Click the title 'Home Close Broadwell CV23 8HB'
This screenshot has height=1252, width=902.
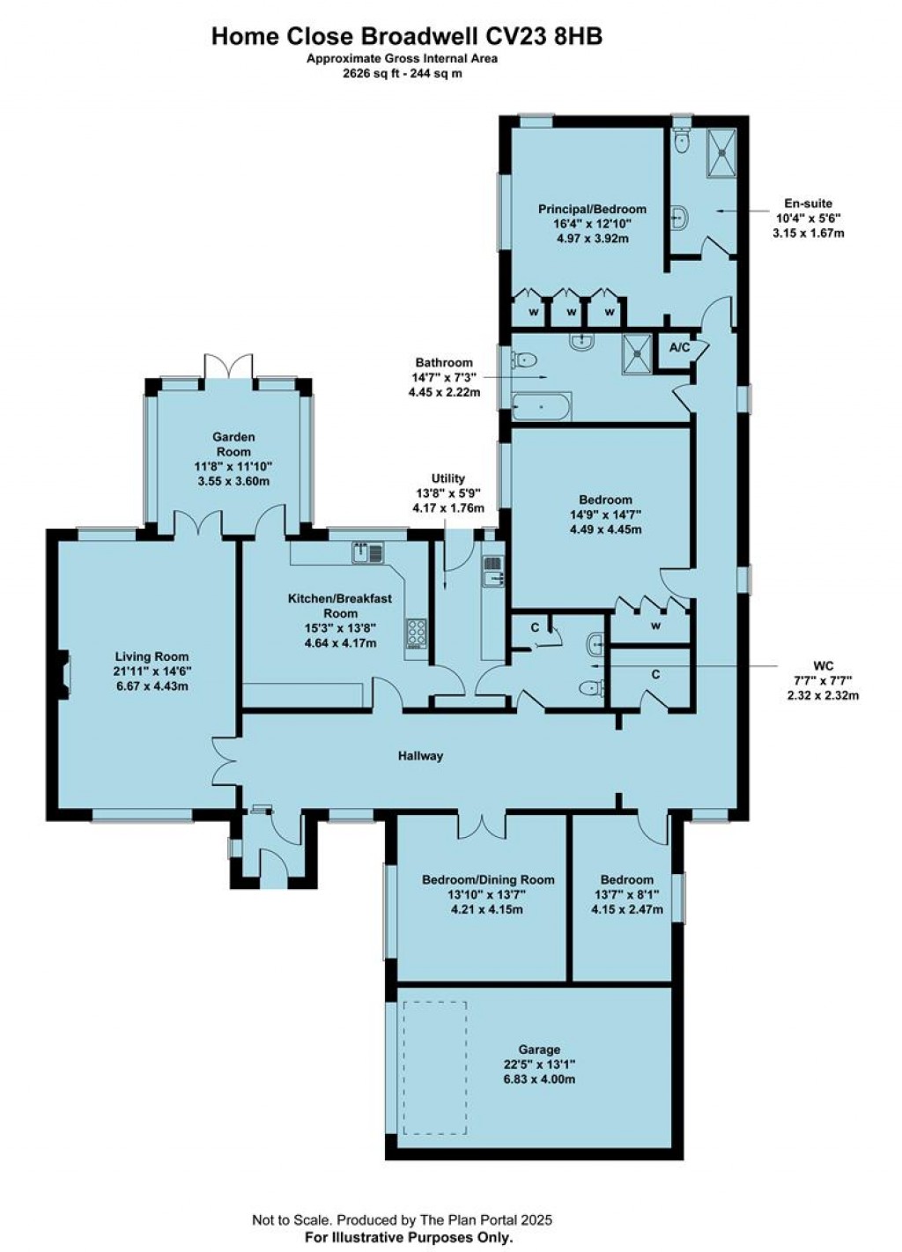(407, 36)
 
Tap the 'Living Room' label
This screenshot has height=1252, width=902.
(152, 656)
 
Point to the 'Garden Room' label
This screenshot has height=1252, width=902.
(233, 437)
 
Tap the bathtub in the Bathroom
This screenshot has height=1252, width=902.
(542, 408)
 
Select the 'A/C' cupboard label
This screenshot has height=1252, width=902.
(679, 348)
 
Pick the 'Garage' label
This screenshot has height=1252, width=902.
(539, 1049)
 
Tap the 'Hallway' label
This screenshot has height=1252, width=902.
(420, 756)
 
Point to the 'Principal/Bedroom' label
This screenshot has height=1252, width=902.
(592, 210)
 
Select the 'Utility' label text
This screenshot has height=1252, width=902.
(447, 478)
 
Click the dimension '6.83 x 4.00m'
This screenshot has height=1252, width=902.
(539, 1078)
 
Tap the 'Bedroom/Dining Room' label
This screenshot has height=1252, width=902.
(488, 879)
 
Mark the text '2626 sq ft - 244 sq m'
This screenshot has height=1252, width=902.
(402, 74)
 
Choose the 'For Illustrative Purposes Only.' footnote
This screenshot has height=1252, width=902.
(408, 1237)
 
